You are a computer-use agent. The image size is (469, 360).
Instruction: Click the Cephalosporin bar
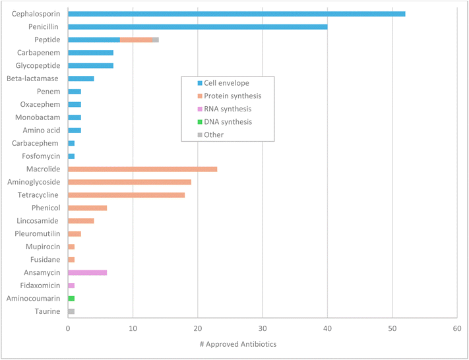(x=236, y=14)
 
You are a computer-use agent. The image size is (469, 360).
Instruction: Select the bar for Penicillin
(x=198, y=26)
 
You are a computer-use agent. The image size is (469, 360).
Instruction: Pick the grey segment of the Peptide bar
(x=156, y=40)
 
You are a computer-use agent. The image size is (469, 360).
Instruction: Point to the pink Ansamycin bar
(x=87, y=272)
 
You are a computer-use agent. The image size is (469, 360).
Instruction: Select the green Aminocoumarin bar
(x=71, y=298)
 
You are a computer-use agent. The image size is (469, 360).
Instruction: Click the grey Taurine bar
(x=71, y=311)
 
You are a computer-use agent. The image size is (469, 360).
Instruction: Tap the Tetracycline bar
(x=126, y=195)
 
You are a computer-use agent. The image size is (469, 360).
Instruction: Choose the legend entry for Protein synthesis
(x=228, y=96)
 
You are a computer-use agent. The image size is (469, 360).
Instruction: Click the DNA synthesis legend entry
(x=225, y=122)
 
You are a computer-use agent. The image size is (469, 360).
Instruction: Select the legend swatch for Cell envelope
(x=190, y=82)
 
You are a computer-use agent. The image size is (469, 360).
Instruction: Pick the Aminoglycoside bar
(x=129, y=182)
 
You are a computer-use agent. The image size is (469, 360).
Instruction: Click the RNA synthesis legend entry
(x=225, y=109)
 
